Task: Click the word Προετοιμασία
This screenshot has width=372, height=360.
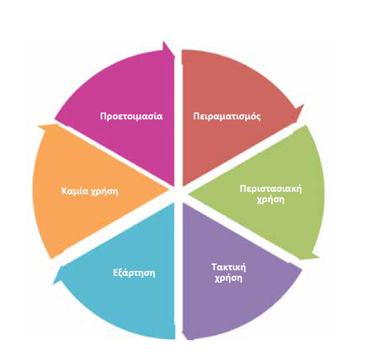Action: pyautogui.click(x=131, y=116)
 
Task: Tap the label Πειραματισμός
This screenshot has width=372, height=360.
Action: pyautogui.click(x=227, y=116)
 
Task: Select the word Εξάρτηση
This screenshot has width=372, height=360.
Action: pyautogui.click(x=134, y=272)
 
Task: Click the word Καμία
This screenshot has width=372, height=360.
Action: pyautogui.click(x=73, y=191)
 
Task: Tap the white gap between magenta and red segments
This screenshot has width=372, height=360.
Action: pyautogui.click(x=178, y=111)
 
